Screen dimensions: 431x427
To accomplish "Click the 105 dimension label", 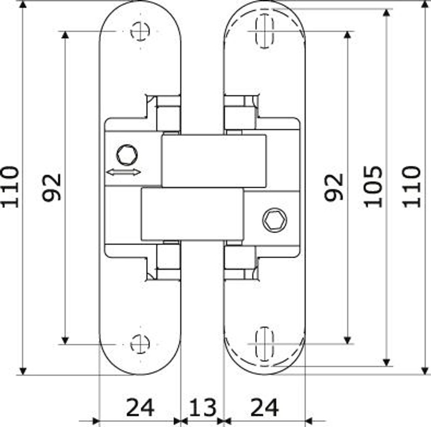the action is (373, 187).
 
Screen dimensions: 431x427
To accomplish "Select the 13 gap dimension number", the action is (203, 408).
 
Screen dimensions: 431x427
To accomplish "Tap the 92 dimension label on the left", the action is (51, 187).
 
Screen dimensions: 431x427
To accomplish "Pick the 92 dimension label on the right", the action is (334, 187).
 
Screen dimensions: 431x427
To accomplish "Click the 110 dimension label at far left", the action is (10, 187).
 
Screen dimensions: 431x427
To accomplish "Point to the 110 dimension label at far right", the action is (412, 187).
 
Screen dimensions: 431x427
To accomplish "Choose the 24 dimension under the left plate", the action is (140, 408).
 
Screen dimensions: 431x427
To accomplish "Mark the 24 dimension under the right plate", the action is (265, 408).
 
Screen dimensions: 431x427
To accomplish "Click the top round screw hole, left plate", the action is (140, 31).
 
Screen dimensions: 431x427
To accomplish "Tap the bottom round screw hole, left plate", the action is (140, 344).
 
